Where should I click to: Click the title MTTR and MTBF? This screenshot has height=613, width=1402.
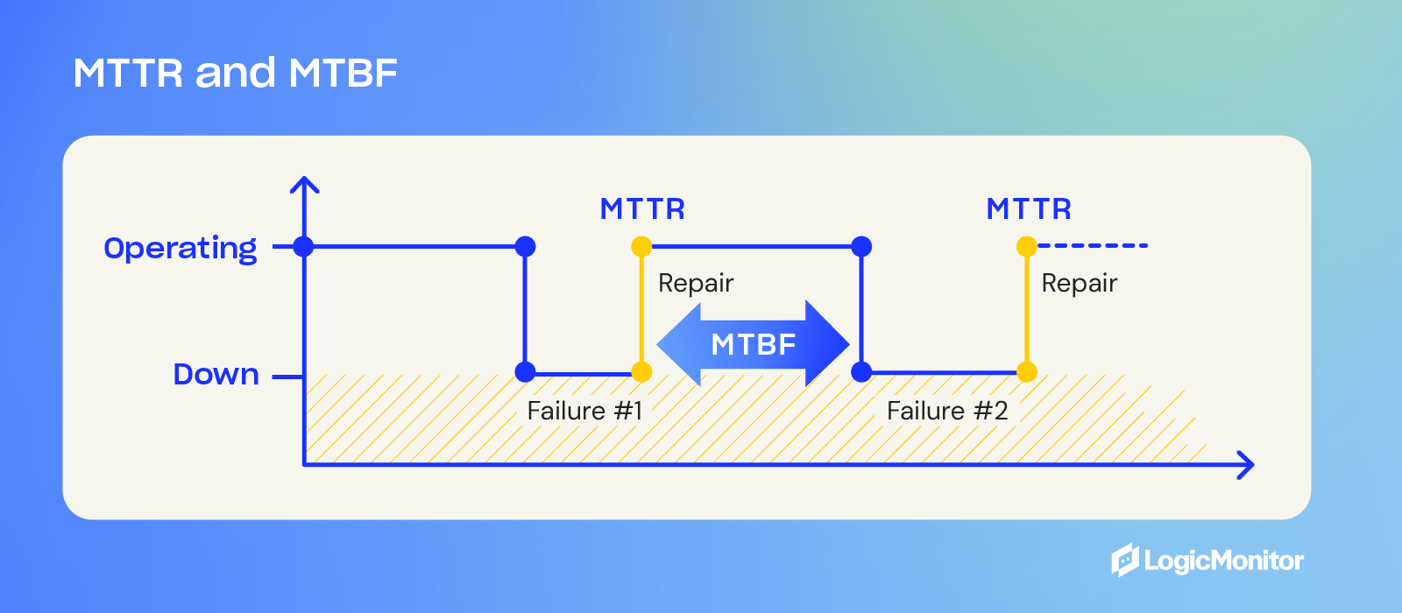click(235, 73)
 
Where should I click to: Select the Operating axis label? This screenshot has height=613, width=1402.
click(181, 249)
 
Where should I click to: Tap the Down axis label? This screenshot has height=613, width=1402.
click(216, 375)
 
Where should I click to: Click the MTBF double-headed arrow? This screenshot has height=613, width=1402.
click(753, 344)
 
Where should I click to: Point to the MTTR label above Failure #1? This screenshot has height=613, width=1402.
click(642, 209)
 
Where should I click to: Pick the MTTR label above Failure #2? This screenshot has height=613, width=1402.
click(1029, 209)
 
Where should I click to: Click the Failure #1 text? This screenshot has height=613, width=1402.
click(584, 411)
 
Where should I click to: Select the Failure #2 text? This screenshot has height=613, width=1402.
click(947, 411)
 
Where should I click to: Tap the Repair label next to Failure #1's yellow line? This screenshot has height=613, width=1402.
click(696, 283)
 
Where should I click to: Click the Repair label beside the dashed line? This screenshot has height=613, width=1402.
click(1080, 283)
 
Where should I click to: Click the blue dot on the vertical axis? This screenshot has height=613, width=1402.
click(303, 246)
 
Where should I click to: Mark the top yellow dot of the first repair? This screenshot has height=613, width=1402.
click(641, 246)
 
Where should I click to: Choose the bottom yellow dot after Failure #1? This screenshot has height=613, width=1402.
click(641, 372)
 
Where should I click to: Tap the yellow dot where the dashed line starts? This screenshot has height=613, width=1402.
click(1027, 246)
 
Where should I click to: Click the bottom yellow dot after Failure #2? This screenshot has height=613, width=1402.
click(1027, 372)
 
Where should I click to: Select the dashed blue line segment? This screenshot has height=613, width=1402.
click(1093, 246)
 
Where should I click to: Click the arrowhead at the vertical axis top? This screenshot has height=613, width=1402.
click(304, 183)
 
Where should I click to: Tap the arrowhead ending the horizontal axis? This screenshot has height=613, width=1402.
click(1247, 465)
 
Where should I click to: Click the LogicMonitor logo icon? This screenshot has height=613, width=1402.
click(1125, 560)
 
